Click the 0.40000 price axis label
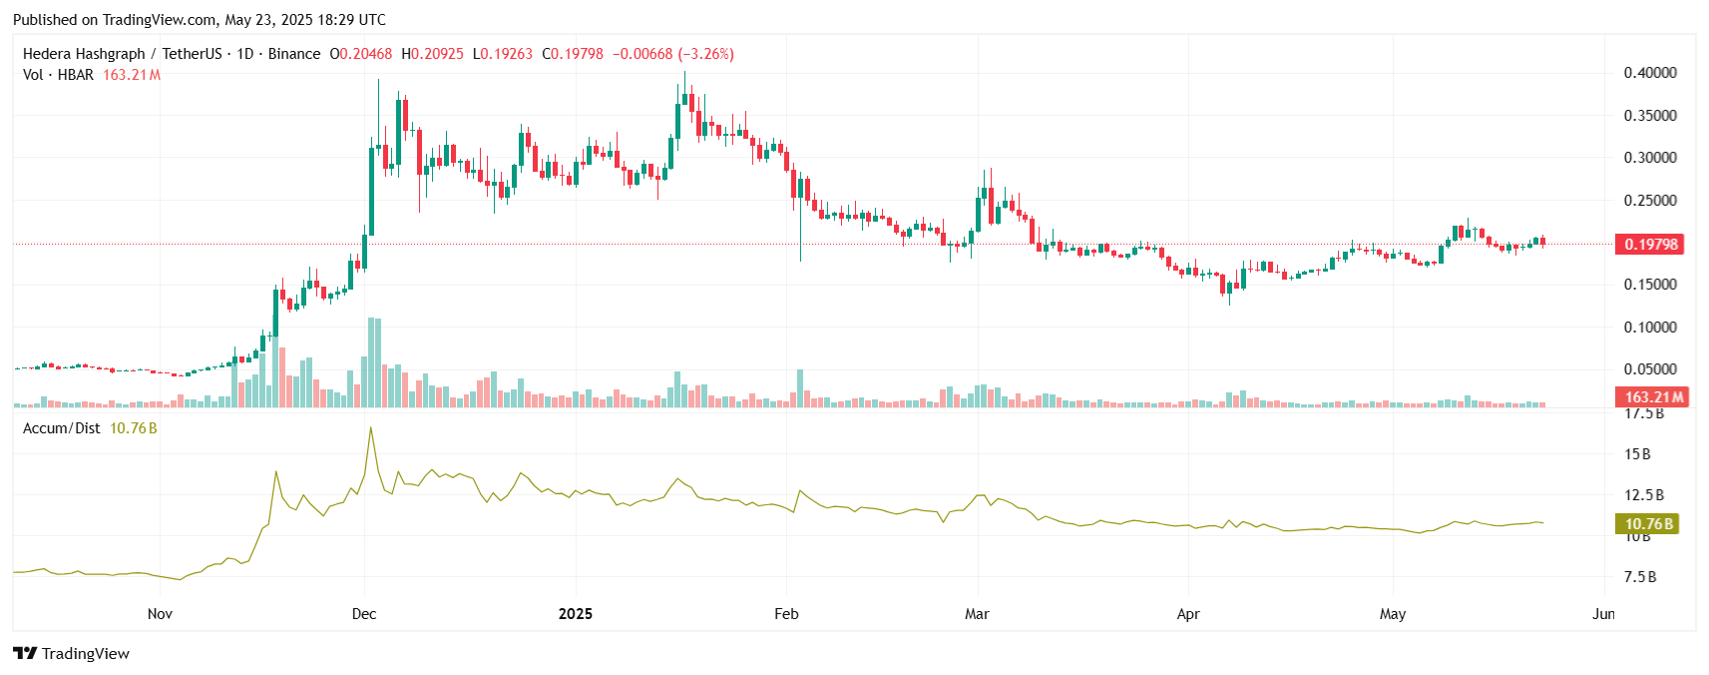pos(1649,73)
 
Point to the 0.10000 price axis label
pos(1649,328)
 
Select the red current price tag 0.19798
pos(1649,245)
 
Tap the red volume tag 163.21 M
pos(1649,397)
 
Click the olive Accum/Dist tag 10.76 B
pos(1645,524)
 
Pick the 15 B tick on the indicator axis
pos(1637,454)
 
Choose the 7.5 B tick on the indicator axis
pos(1639,577)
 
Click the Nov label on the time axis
pos(160,614)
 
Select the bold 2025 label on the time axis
pos(576,614)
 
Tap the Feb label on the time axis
pos(786,614)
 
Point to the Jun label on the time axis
pos(1603,614)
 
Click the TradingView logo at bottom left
pos(72,654)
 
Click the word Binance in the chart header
pos(294,54)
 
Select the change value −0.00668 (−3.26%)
pos(672,54)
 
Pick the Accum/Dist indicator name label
pos(61,428)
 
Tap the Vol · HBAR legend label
pos(58,75)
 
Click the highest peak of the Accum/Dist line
pos(371,428)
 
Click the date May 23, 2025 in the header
pos(275,20)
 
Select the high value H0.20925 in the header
pos(432,54)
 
